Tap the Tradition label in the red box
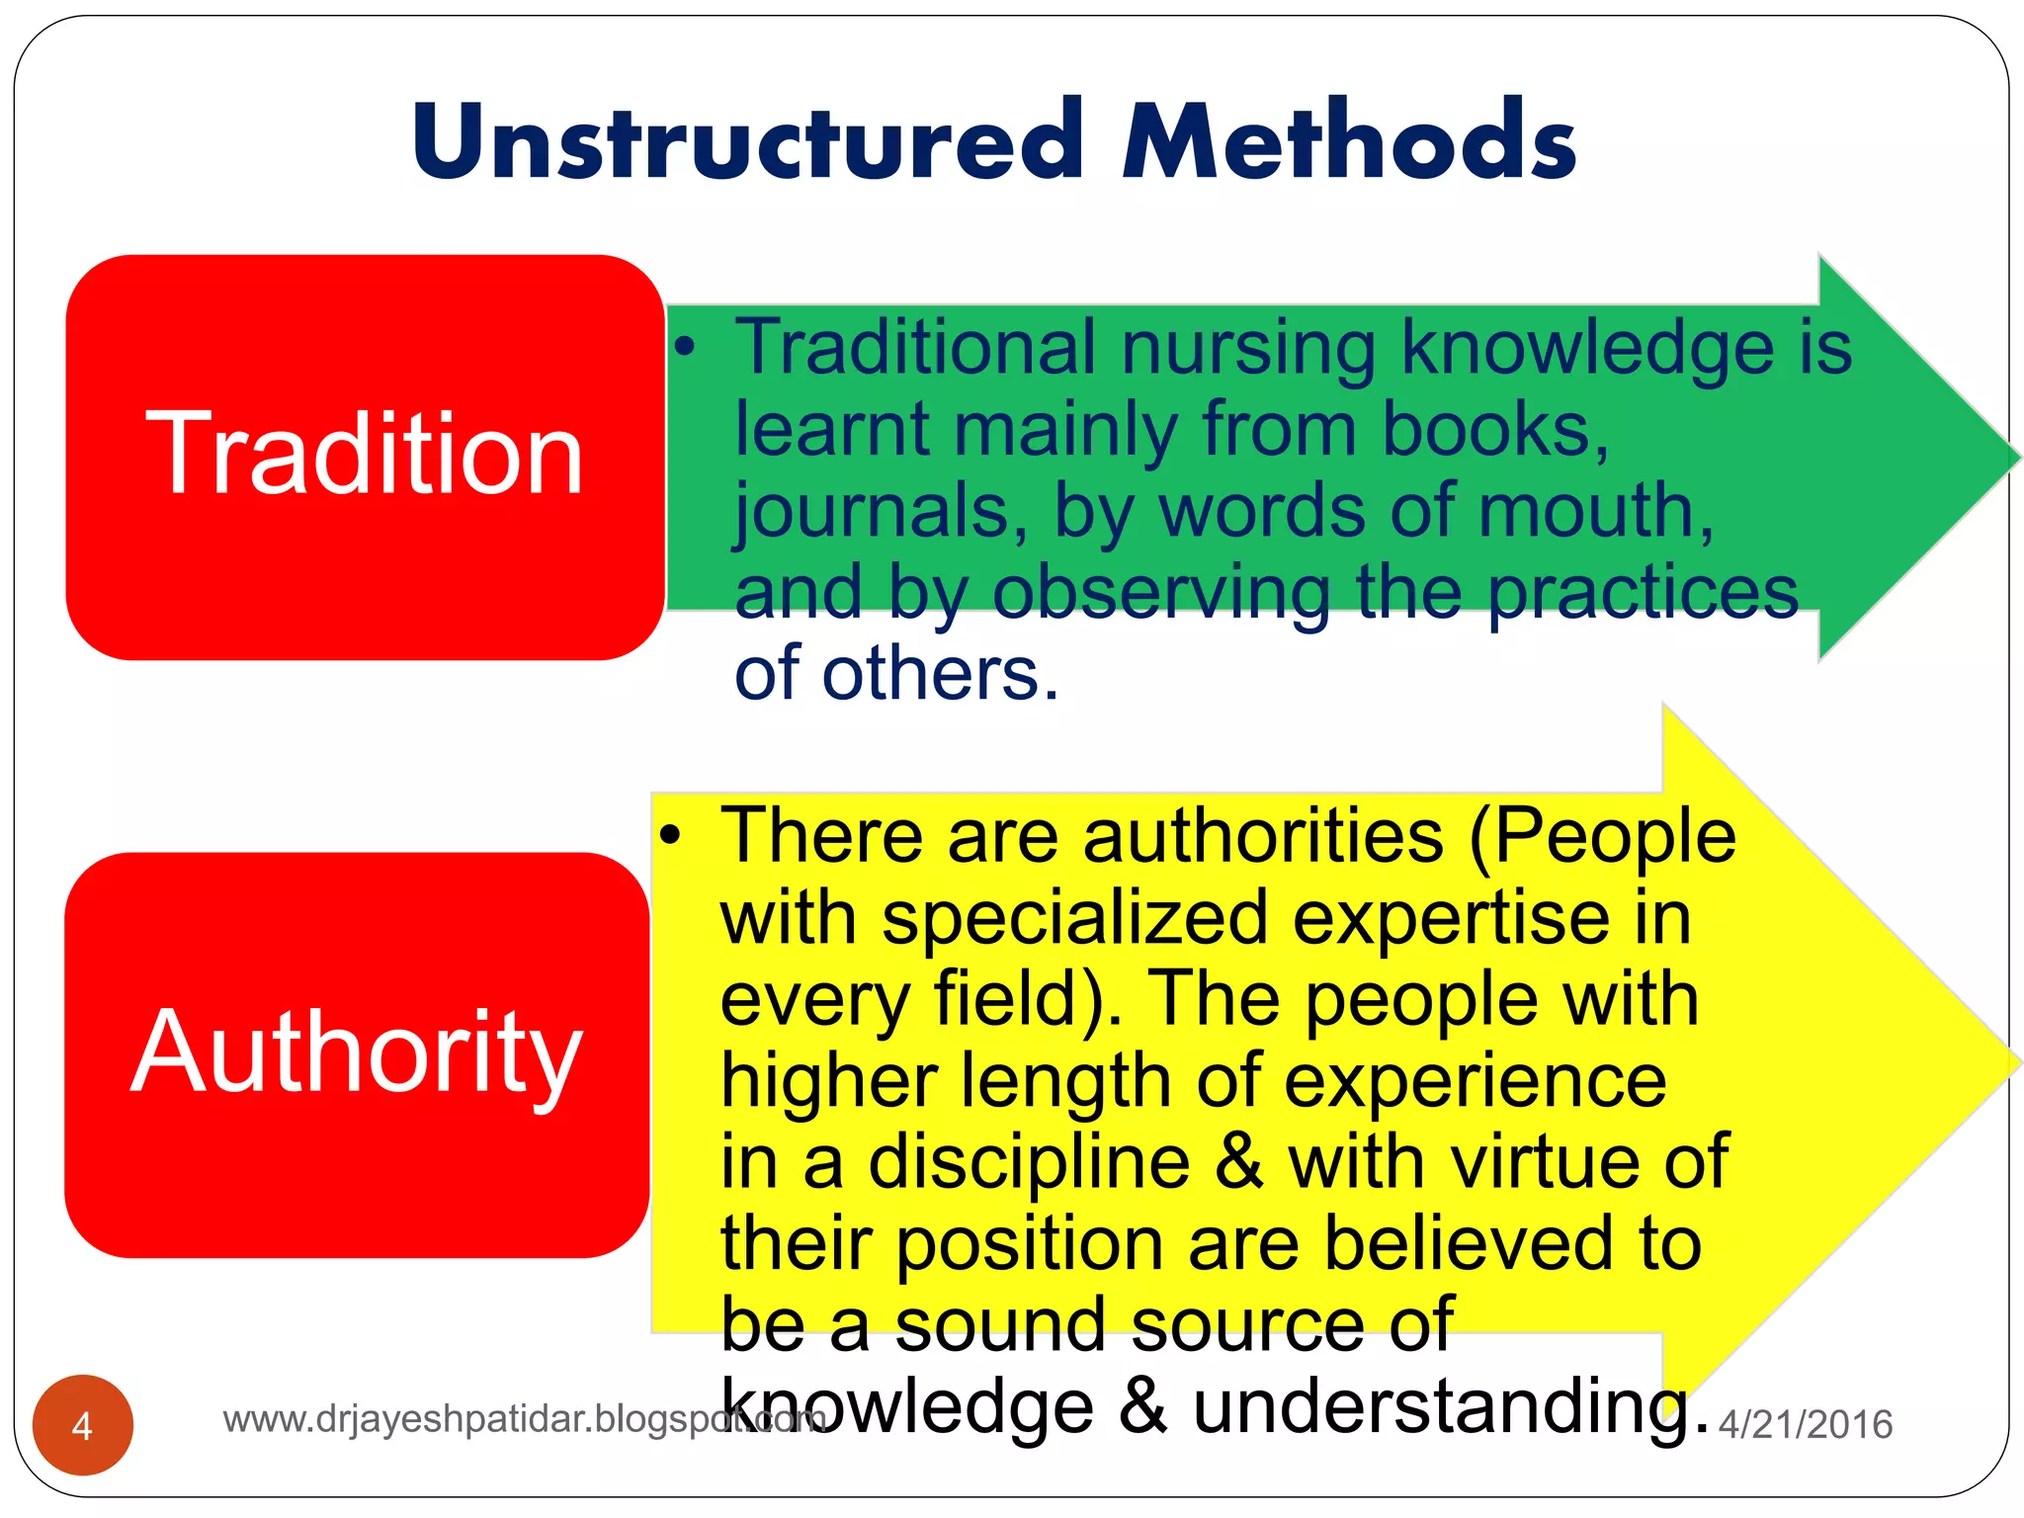pos(365,455)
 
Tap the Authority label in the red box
pos(357,1054)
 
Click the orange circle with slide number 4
pos(83,1425)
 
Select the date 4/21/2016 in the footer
pos(1806,1424)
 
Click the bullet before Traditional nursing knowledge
pos(686,347)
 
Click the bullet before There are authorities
pos(671,835)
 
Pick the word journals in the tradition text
pos(870,512)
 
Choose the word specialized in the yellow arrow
pos(1074,918)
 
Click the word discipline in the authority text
pos(1028,1162)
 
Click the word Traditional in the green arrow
pos(915,348)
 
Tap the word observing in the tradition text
pos(1161,593)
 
